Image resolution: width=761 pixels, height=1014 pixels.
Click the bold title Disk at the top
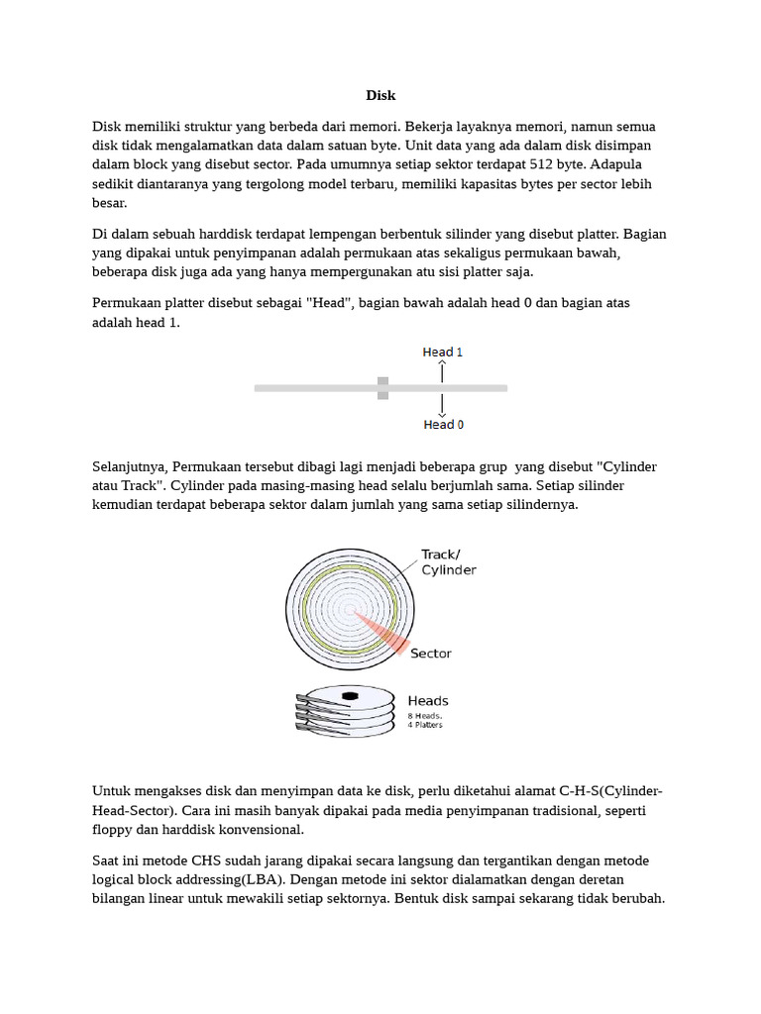pos(380,96)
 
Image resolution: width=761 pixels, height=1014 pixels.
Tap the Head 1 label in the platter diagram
pos(443,352)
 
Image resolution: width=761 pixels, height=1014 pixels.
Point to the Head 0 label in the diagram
pos(443,425)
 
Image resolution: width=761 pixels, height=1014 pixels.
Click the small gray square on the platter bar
pos(382,388)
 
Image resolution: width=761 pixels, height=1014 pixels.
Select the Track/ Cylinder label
pos(448,562)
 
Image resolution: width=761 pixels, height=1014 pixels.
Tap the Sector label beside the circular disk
pos(430,654)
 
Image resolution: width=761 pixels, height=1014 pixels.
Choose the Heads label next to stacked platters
pos(428,701)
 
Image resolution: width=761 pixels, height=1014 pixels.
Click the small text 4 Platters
pos(425,725)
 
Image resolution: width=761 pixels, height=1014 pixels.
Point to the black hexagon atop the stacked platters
pos(349,696)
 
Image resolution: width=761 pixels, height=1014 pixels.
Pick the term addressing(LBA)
pos(219,879)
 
